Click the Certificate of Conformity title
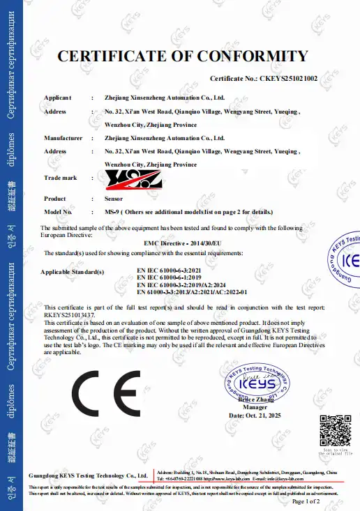point(181,56)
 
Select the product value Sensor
point(113,199)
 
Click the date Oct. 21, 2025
point(255,415)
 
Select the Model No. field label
point(59,212)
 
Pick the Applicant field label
point(57,98)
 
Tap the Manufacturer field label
point(63,138)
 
